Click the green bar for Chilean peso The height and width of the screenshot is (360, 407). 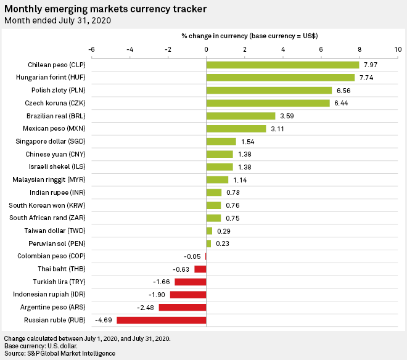[x=282, y=65]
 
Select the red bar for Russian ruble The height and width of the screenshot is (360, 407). [x=161, y=320]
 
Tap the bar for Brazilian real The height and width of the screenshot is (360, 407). [x=240, y=116]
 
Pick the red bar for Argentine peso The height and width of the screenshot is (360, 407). [x=182, y=307]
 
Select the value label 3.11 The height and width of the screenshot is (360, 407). [x=278, y=129]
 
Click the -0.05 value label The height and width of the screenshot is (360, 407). [x=192, y=256]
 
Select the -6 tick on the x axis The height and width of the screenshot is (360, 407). [x=91, y=49]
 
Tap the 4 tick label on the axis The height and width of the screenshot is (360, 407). [x=283, y=49]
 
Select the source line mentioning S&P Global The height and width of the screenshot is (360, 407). [x=59, y=354]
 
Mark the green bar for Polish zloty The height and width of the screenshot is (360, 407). [x=269, y=91]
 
